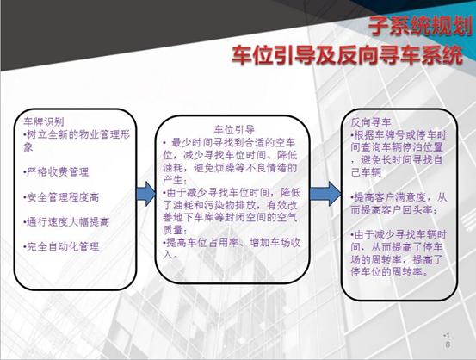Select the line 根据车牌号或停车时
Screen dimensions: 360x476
pos(403,135)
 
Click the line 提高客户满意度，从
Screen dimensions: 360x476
pos(401,197)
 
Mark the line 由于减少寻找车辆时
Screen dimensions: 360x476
pos(401,233)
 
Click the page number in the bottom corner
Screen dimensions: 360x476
pos(447,338)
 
